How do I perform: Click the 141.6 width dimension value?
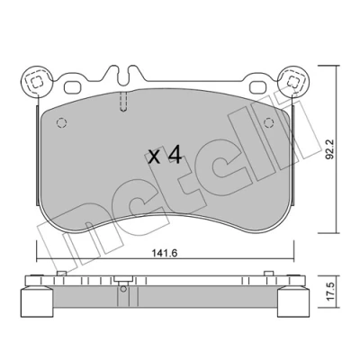click(x=164, y=254)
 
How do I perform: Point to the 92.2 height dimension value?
click(x=330, y=149)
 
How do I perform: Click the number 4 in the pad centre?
click(x=175, y=156)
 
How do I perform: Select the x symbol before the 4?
click(x=155, y=157)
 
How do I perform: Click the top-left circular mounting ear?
click(x=36, y=81)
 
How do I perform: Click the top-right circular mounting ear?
click(x=292, y=81)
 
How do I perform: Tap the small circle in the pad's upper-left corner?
click(x=61, y=122)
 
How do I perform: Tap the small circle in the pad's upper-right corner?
click(x=269, y=122)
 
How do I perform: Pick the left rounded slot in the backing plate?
click(x=73, y=87)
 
